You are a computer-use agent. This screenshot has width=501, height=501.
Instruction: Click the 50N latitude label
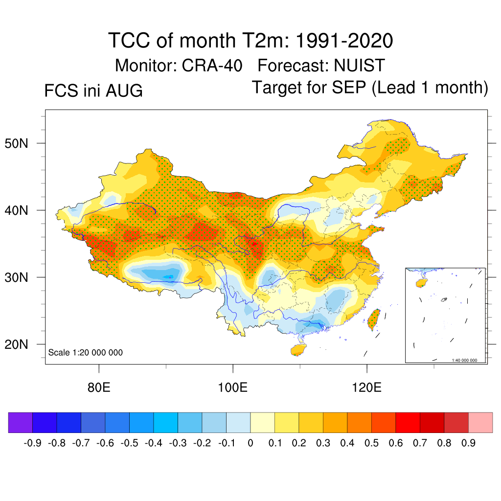[x=16, y=144]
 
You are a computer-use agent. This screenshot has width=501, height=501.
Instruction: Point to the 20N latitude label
[x=16, y=345]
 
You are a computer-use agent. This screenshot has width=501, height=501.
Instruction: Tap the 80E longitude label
[x=99, y=387]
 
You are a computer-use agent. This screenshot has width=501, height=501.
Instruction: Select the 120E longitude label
[x=367, y=387]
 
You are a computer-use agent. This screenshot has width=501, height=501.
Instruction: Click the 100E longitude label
[x=232, y=387]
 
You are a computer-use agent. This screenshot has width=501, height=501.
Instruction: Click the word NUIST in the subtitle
[x=360, y=66]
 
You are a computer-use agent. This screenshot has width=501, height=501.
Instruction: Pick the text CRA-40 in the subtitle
[x=212, y=66]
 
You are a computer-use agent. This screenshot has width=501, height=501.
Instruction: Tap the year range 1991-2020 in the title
[x=344, y=41]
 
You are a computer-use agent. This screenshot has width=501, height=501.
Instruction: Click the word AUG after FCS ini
[x=124, y=91]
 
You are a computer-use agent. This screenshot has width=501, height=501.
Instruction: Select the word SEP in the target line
[x=348, y=87]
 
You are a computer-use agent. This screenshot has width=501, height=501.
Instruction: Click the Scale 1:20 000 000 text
[x=85, y=352]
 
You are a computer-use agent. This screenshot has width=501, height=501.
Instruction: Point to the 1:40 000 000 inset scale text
[x=464, y=361]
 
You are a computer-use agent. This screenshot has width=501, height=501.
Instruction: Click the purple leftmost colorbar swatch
[x=21, y=422]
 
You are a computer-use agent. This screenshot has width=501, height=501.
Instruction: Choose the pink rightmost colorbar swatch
[x=480, y=422]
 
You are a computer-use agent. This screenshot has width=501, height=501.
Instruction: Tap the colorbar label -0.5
[x=129, y=443]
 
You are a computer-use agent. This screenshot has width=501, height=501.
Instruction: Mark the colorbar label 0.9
[x=468, y=443]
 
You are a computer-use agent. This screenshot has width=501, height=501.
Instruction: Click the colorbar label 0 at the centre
[x=250, y=443]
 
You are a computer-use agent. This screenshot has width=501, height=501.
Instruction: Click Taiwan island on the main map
[x=374, y=319]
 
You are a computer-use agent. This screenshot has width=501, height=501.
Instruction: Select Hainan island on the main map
[x=298, y=349]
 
